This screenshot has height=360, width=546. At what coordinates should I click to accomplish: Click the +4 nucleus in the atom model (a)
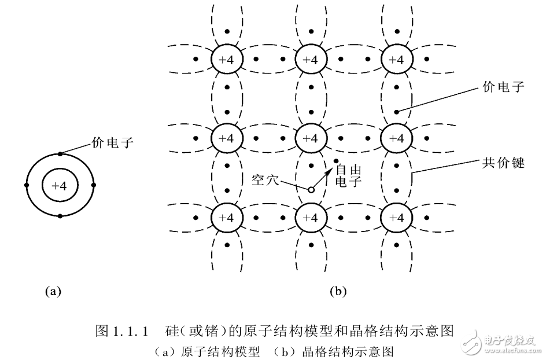60,186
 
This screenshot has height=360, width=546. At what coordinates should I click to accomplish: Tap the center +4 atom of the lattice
311,139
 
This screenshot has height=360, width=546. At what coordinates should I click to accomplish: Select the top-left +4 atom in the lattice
226,60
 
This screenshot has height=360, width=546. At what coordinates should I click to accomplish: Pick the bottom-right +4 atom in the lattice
396,218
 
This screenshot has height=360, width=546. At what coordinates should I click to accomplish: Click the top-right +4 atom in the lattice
396,60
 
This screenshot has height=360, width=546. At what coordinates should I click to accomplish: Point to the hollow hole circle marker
311,189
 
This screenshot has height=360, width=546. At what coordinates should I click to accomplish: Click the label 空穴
265,179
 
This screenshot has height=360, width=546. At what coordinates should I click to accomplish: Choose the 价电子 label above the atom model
112,142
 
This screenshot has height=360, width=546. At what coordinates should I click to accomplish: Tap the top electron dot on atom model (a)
60,154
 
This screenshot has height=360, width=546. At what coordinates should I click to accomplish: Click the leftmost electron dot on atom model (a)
27,186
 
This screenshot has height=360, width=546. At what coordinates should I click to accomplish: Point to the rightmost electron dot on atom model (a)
93,186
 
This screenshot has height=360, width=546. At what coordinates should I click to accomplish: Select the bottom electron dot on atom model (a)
60,216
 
